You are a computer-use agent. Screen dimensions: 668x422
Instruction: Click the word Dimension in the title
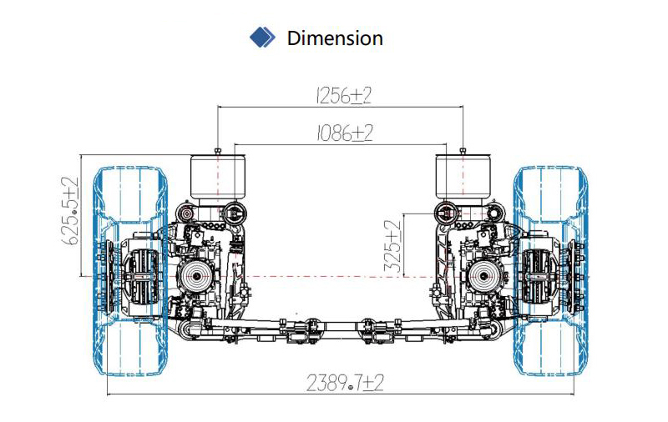[x=335, y=38]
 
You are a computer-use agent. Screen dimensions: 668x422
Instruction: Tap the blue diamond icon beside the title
[x=262, y=38]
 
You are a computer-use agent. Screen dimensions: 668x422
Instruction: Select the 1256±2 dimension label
[x=343, y=95]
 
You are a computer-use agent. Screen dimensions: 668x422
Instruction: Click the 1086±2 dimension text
[x=344, y=133]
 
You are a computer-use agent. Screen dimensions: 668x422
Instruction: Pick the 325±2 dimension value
[x=392, y=246]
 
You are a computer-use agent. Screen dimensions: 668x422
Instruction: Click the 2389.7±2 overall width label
[x=345, y=383]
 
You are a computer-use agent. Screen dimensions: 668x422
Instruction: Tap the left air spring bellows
[x=218, y=178]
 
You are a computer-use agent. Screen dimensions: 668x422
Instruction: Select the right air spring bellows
[x=463, y=178]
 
